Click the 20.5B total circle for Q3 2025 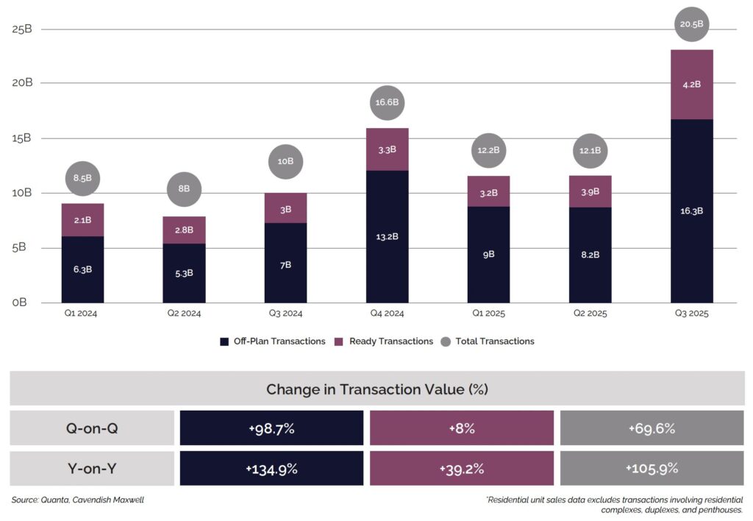(x=692, y=24)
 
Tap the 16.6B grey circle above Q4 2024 (x=387, y=102)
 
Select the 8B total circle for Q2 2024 (x=184, y=188)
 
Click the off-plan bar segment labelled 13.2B (x=387, y=236)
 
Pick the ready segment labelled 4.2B (x=692, y=84)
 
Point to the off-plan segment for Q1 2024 (x=82, y=269)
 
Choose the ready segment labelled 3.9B (x=590, y=192)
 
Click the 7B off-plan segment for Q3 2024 (x=285, y=263)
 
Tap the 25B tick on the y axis (x=23, y=29)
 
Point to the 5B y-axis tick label (x=23, y=247)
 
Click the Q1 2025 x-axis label (x=488, y=313)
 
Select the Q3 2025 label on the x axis (x=692, y=313)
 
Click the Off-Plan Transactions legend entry (x=272, y=341)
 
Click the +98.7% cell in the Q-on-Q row (x=271, y=428)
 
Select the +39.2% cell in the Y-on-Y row (x=461, y=469)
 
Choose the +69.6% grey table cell (x=652, y=428)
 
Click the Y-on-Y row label (x=92, y=469)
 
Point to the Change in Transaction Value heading (x=376, y=389)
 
